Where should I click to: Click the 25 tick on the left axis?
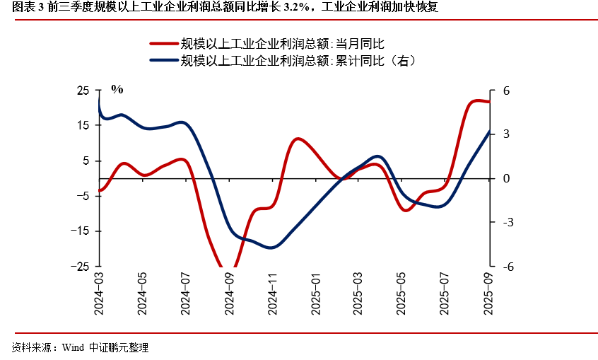pyautogui.click(x=83, y=91)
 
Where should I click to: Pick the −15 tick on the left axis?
pyautogui.click(x=81, y=231)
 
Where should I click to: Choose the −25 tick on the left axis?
pyautogui.click(x=81, y=267)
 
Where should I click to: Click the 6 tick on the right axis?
pyautogui.click(x=506, y=91)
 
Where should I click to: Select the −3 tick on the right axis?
pyautogui.click(x=508, y=222)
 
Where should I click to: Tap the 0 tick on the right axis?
pyautogui.click(x=506, y=178)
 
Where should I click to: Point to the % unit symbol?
pyautogui.click(x=117, y=89)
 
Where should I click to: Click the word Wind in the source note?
pyautogui.click(x=73, y=348)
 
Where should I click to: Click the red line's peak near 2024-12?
pyautogui.click(x=298, y=139)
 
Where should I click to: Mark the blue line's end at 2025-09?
pyautogui.click(x=490, y=131)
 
